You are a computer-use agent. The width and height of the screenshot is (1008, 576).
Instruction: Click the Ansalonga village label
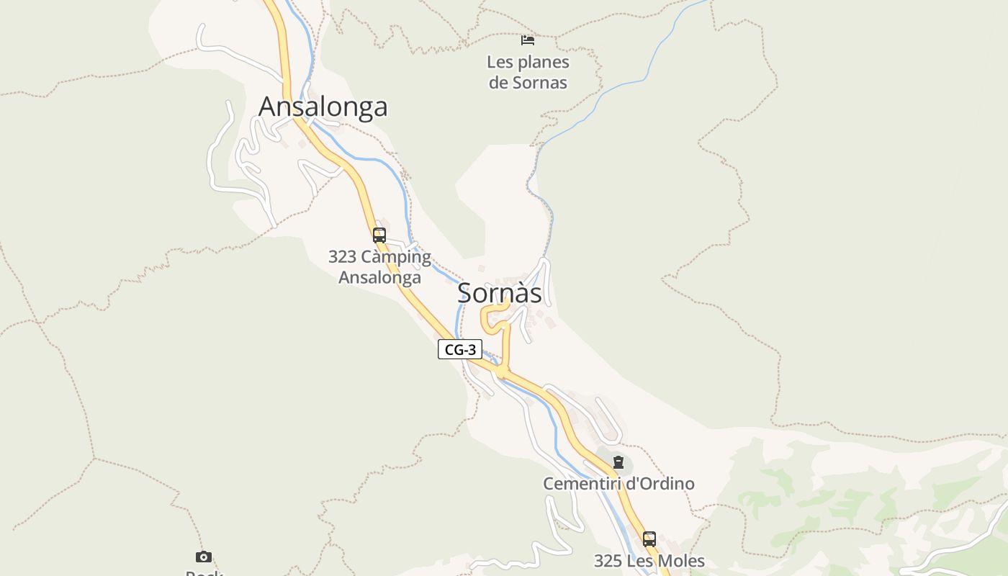click(x=323, y=107)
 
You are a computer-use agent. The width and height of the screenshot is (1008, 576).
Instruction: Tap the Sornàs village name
click(x=500, y=293)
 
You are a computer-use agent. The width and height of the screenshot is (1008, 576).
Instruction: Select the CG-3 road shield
click(x=460, y=350)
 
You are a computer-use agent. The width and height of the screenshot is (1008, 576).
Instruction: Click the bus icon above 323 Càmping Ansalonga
click(x=379, y=235)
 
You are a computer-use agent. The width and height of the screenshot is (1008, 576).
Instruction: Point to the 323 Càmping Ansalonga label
click(x=379, y=267)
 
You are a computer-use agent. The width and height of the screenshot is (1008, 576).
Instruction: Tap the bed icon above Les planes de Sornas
click(x=528, y=40)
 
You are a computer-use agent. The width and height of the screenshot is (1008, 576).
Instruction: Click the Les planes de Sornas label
click(x=528, y=72)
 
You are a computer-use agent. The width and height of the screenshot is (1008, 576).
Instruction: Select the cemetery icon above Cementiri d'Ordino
click(x=618, y=462)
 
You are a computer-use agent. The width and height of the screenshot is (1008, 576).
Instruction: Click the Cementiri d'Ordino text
click(x=618, y=484)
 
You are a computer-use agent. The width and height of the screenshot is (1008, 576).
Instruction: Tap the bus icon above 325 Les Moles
click(x=649, y=539)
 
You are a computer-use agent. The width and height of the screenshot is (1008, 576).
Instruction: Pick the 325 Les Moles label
click(x=649, y=561)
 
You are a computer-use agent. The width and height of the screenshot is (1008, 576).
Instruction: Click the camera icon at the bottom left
click(x=204, y=557)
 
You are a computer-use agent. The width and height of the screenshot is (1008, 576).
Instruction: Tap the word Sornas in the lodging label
click(x=540, y=83)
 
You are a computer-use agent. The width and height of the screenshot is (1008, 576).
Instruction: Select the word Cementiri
click(x=581, y=484)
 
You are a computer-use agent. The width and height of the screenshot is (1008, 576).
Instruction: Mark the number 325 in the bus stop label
click(x=608, y=561)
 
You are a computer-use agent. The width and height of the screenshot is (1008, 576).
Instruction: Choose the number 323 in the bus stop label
click(x=342, y=257)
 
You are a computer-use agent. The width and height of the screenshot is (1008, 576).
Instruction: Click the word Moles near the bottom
click(x=681, y=561)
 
